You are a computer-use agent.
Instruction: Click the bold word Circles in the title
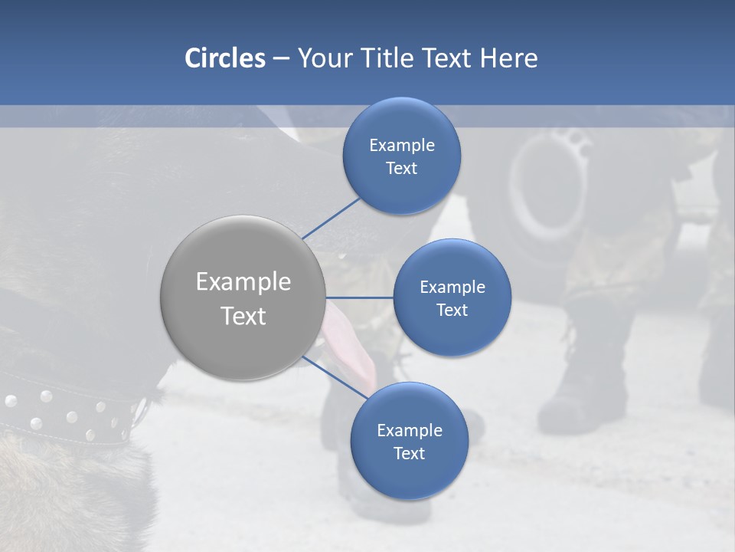coord(224,58)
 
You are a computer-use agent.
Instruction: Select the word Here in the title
coord(508,58)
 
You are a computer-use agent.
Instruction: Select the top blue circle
coord(401,123)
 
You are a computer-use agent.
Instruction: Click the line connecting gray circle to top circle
coord(331,218)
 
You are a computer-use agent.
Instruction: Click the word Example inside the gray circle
coord(243,282)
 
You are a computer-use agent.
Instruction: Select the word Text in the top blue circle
coord(401,169)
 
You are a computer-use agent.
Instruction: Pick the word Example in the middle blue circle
coord(452,287)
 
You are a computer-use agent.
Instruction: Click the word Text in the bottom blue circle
coord(409,454)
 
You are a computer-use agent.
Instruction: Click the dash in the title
coord(281,59)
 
